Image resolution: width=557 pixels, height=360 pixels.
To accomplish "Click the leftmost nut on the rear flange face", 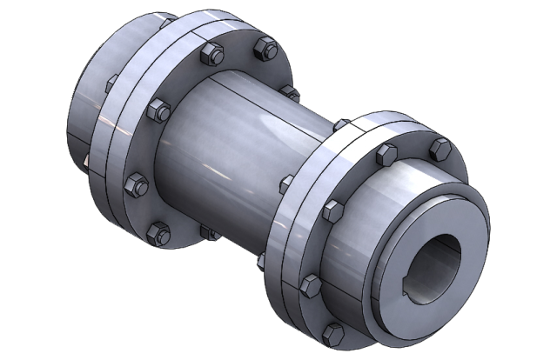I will pyautogui.click(x=135, y=183).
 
